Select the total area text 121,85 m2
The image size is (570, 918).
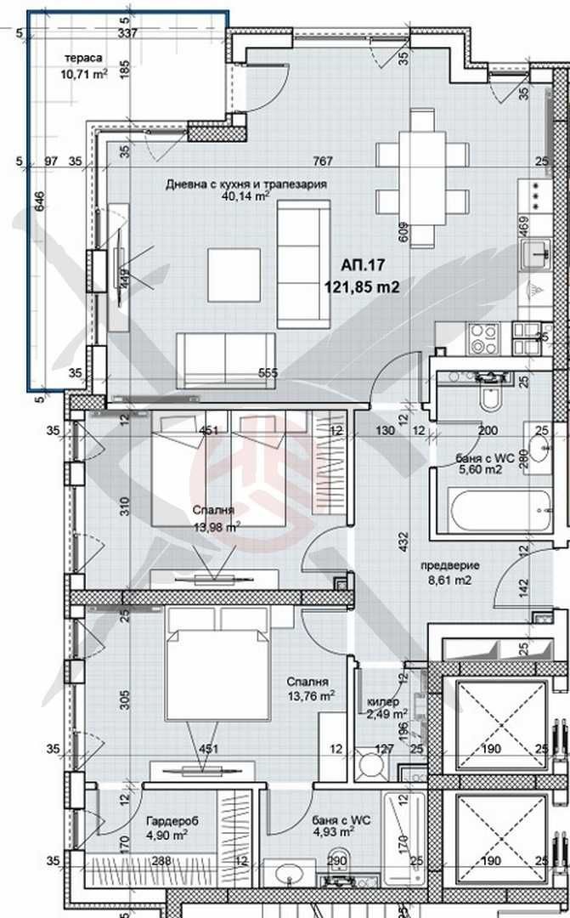[361, 286]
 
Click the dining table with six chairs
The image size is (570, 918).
[422, 167]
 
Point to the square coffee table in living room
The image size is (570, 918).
[234, 275]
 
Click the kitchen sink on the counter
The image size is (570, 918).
[538, 252]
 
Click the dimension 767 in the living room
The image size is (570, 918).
[322, 161]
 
